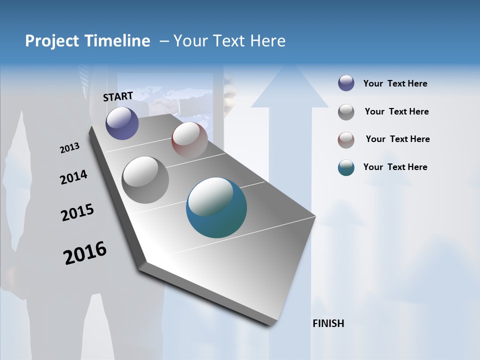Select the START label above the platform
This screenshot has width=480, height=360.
[118, 96]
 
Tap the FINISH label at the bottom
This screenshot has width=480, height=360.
[328, 323]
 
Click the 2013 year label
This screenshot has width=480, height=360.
[69, 148]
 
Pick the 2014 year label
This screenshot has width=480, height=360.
[73, 177]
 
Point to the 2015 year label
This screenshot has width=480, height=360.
[77, 212]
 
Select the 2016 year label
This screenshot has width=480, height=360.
[85, 253]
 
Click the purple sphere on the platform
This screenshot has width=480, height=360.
[122, 123]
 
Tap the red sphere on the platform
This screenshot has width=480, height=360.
[189, 139]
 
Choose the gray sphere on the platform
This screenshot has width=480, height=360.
[145, 180]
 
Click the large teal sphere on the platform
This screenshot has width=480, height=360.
[216, 207]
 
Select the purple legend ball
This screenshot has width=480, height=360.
[346, 83]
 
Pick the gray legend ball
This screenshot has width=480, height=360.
[346, 112]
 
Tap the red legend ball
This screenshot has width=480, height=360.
[346, 140]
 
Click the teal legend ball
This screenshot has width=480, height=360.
[346, 167]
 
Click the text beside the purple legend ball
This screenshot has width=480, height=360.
[395, 84]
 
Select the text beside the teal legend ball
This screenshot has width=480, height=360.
[395, 167]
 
